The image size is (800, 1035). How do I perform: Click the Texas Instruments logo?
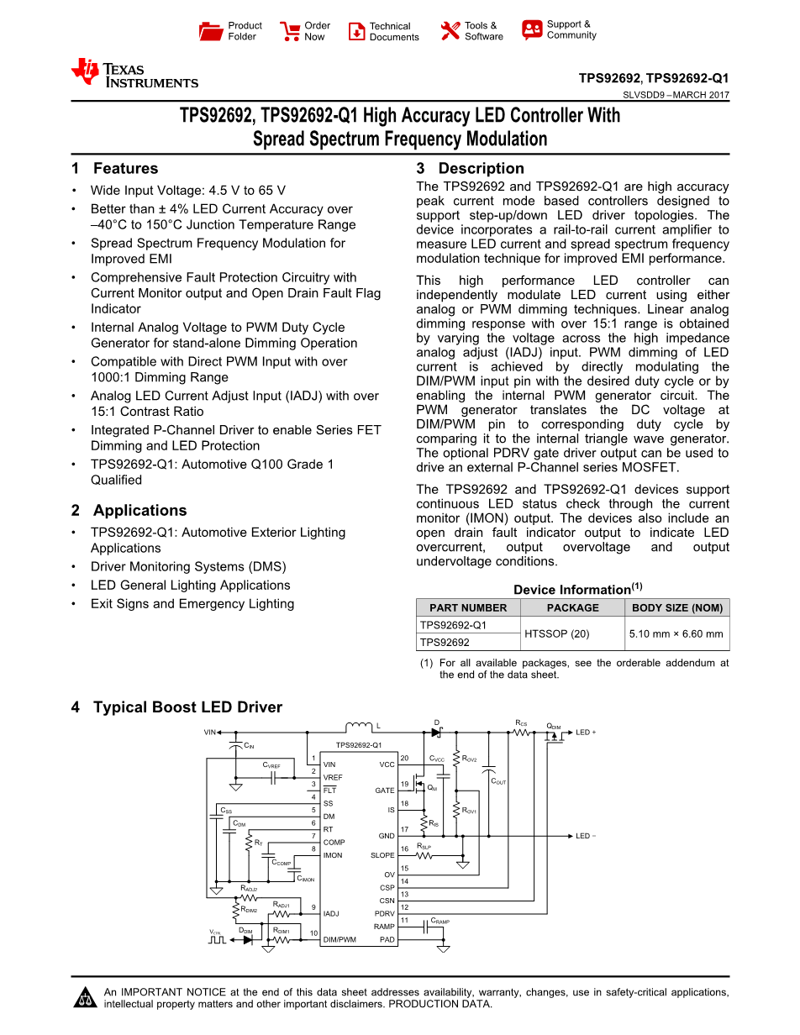point(134,74)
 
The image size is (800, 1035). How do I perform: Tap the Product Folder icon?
point(211,31)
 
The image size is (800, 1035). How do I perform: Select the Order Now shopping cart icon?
point(290,31)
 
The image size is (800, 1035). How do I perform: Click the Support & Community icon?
point(532,30)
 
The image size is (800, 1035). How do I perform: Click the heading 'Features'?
point(125,168)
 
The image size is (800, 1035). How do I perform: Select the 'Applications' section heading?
point(139,510)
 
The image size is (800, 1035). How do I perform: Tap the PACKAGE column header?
point(572,607)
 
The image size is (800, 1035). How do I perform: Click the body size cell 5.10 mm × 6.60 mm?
point(676,633)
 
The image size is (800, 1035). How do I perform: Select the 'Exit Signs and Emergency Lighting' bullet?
point(192,603)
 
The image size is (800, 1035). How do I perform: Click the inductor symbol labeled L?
point(359,727)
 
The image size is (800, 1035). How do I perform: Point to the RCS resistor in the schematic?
point(521,732)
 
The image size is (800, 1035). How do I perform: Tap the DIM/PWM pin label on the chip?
point(339,939)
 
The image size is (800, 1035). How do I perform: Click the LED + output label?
point(586,733)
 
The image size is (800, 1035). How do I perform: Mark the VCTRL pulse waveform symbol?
point(217,940)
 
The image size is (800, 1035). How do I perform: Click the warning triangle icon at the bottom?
point(85,999)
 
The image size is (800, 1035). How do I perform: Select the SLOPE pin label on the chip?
point(382,855)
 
